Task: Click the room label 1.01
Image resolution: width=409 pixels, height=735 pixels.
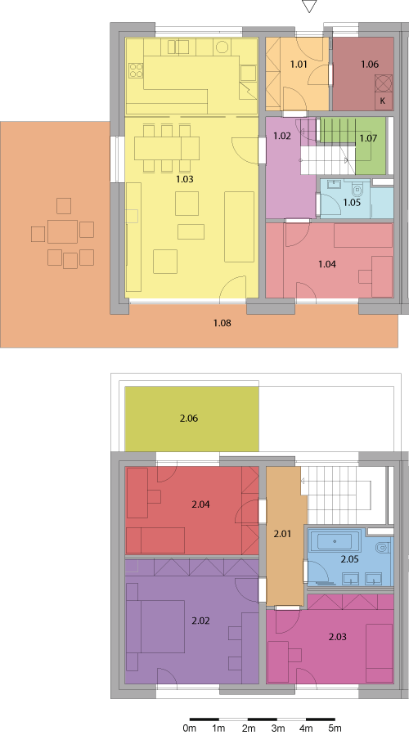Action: click(299, 65)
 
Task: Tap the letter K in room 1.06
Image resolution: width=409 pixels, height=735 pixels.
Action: click(383, 101)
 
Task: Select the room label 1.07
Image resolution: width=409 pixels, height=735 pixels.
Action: click(368, 138)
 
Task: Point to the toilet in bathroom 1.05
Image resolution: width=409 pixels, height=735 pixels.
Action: click(358, 190)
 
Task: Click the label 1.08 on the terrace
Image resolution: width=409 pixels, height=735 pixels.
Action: click(222, 323)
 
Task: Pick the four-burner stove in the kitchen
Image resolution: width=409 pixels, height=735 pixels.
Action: click(136, 70)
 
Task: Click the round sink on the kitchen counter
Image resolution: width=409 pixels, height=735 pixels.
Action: click(222, 47)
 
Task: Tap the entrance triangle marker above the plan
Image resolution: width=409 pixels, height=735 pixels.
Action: click(309, 7)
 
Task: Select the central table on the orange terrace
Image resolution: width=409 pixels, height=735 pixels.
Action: click(62, 231)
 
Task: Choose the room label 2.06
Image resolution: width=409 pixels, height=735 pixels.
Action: click(189, 418)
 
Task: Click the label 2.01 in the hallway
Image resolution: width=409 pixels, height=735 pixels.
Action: click(282, 534)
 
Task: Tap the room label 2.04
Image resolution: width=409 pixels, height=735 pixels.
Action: click(200, 504)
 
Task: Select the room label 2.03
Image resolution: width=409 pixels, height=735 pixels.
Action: click(337, 637)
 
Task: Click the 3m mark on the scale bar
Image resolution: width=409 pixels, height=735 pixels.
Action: click(277, 719)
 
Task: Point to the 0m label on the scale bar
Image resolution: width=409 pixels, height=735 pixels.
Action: click(189, 728)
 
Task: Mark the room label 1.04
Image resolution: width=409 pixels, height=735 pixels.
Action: click(327, 264)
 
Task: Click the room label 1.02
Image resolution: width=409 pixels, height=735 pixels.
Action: click(282, 137)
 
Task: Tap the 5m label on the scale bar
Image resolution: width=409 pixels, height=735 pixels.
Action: click(335, 728)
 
